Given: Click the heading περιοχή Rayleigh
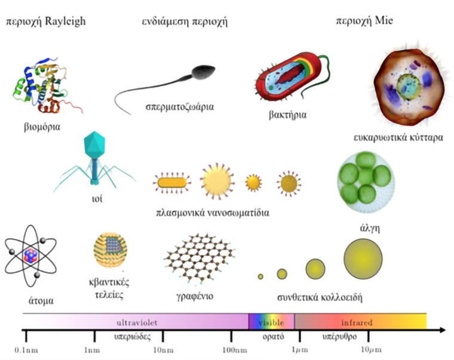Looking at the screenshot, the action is coord(46,22).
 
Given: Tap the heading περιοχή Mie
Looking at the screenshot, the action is coord(364,21).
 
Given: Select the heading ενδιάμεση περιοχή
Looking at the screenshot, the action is coord(185,22).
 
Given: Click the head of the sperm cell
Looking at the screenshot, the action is coord(204,72).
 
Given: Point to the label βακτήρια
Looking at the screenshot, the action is coord(287,115).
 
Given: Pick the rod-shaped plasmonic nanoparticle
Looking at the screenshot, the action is coord(172,183).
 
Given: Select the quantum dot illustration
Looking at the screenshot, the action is coord(111,250).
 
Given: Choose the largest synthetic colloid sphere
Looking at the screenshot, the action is coord(363,259).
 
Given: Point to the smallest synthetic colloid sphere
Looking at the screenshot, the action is coord(260,276).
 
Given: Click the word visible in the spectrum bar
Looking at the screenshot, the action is coord(271,322).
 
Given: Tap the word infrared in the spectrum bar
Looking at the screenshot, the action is coord(357,322).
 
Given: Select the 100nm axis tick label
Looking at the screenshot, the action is coord(235,350).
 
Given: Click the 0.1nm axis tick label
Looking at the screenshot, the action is coord(26,350).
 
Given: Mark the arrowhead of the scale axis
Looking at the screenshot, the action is coord(443,330).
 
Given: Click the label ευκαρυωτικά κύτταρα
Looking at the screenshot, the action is coord(398,137).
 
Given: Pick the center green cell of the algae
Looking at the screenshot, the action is coord(366,177).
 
